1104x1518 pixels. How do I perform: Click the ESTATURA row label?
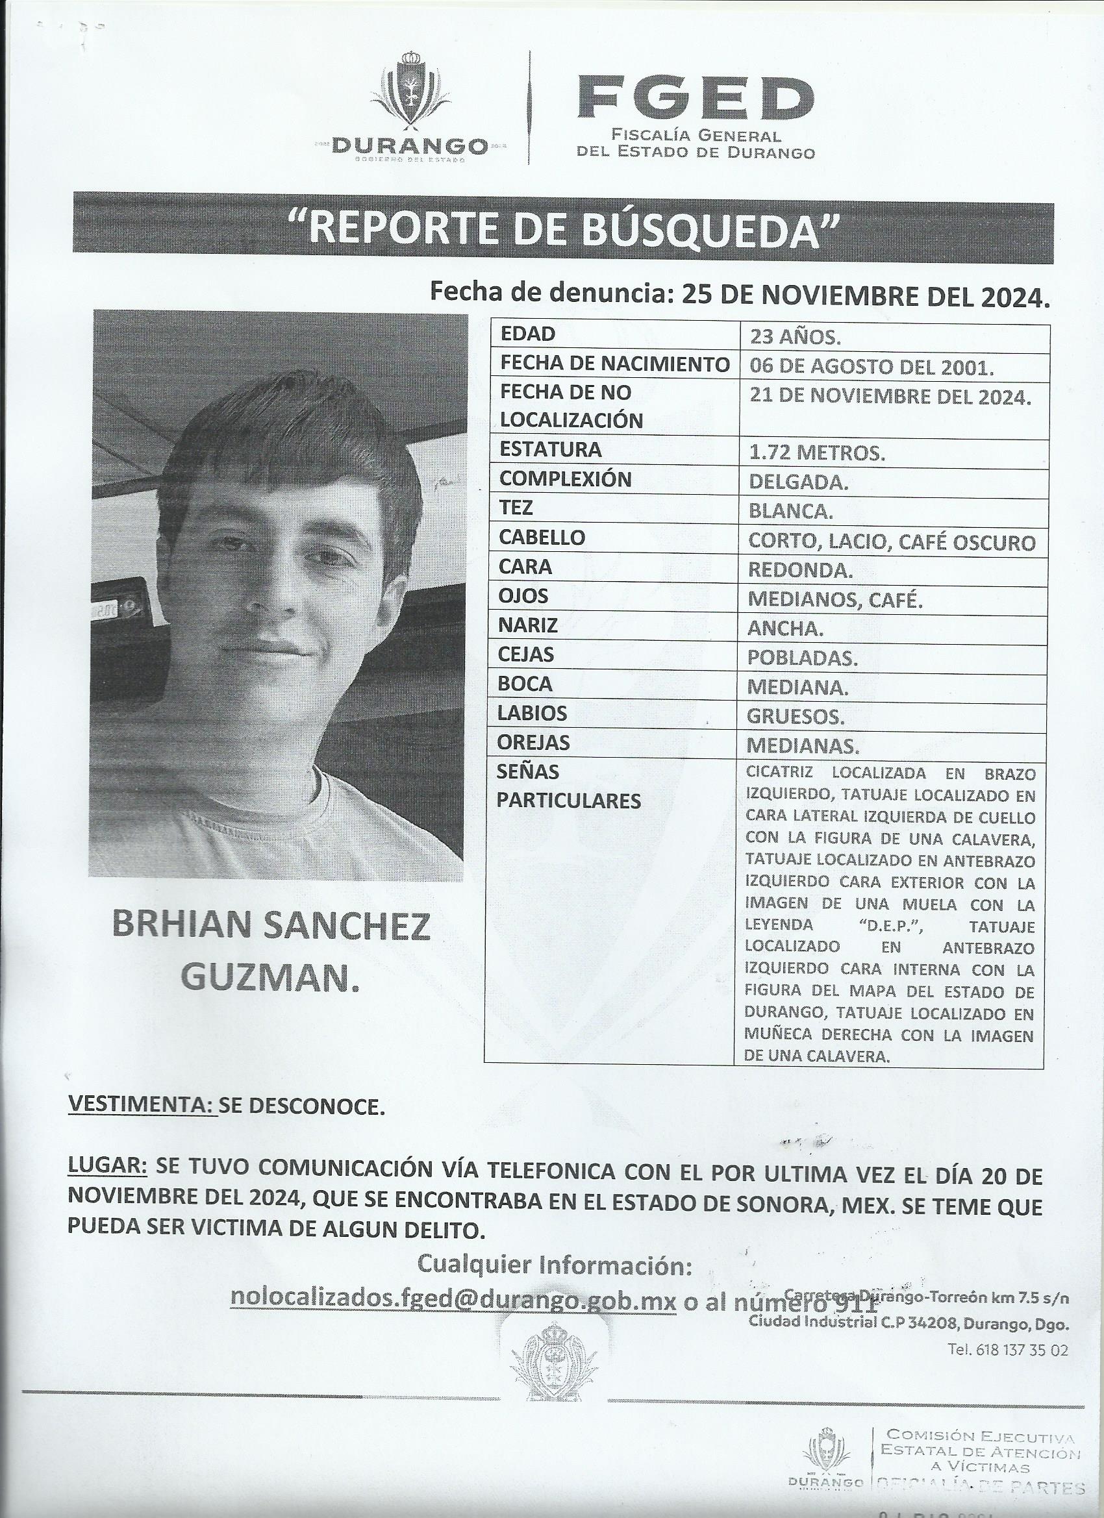tap(550, 450)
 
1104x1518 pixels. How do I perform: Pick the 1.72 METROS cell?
tap(817, 453)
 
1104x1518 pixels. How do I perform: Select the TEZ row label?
tap(516, 508)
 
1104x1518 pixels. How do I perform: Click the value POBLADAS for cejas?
tap(802, 658)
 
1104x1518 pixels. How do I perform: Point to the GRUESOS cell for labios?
tap(796, 716)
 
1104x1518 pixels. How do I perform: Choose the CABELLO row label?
tap(542, 538)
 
